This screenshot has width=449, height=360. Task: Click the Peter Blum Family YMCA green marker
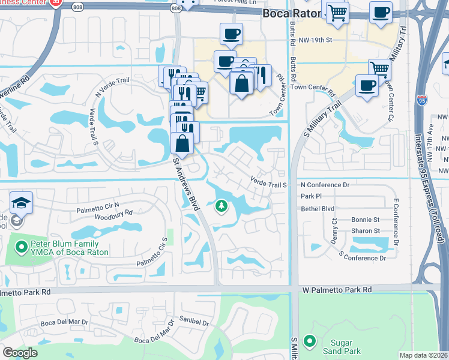22,246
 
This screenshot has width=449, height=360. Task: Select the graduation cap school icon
21,202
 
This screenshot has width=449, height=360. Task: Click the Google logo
20,353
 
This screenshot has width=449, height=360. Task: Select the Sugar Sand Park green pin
309,341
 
